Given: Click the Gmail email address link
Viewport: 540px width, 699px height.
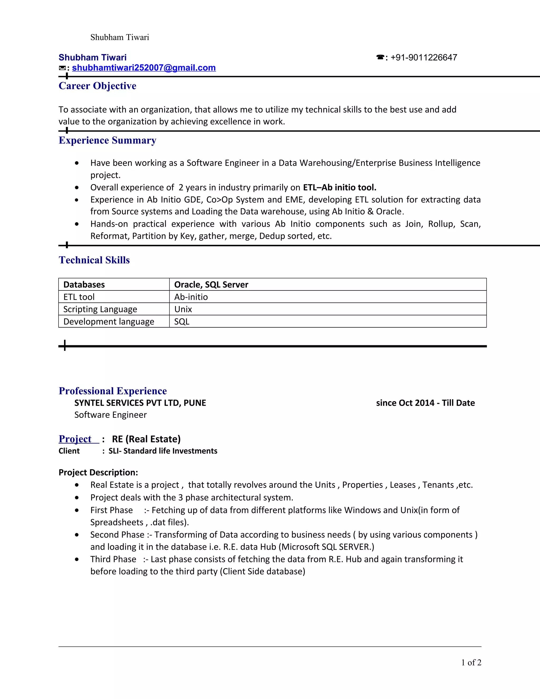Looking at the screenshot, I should [144, 68].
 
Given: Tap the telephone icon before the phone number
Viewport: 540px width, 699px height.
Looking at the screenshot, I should [380, 58].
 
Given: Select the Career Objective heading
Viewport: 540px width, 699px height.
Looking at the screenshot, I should [97, 86].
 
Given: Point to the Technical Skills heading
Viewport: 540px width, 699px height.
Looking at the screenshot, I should [94, 260].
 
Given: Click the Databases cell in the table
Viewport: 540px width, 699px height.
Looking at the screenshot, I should [84, 285].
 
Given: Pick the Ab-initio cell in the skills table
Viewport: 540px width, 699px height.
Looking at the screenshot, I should [191, 297].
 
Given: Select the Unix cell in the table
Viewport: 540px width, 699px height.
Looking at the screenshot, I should [183, 309].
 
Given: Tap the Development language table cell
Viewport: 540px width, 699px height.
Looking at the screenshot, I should [109, 321].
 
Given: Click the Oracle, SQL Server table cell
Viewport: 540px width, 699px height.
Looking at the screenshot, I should [211, 285].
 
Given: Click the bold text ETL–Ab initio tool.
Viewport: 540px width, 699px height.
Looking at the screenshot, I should [339, 187].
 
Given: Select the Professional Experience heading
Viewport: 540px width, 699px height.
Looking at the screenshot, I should [113, 391].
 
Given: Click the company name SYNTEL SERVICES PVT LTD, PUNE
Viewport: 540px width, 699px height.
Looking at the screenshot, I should [140, 403].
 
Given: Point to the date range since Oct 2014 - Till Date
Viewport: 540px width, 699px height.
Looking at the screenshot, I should [425, 403].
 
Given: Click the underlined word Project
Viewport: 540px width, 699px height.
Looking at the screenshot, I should [75, 439].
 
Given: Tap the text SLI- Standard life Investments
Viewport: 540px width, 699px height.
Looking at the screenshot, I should [163, 451].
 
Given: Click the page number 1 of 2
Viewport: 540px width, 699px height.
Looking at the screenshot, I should [471, 663].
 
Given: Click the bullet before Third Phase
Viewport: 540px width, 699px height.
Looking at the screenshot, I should [77, 559].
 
